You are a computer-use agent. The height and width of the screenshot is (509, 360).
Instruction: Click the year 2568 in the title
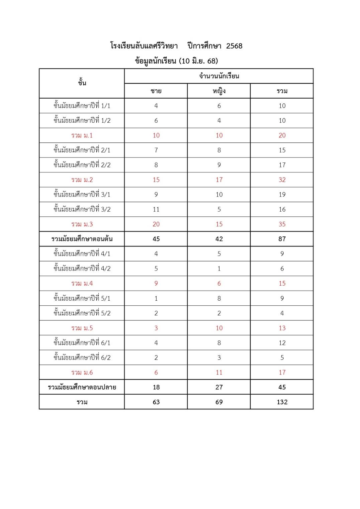(x=234, y=46)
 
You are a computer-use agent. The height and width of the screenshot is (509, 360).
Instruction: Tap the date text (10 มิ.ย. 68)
(x=198, y=61)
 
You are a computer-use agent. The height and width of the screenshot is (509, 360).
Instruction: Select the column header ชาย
(x=156, y=91)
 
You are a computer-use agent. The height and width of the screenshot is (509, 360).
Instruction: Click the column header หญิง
(x=219, y=91)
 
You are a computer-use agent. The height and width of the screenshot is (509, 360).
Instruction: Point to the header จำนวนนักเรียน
(x=219, y=76)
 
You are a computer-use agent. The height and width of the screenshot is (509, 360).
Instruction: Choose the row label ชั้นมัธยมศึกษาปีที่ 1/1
(x=82, y=106)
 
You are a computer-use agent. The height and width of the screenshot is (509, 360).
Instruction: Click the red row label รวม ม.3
(x=82, y=224)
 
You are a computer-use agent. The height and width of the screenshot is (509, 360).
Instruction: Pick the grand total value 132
(x=282, y=402)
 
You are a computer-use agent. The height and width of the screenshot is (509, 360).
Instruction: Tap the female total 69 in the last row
(x=219, y=402)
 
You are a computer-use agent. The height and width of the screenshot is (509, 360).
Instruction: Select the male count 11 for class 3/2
(x=156, y=209)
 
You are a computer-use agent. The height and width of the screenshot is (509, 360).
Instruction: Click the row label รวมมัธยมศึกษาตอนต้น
(x=82, y=239)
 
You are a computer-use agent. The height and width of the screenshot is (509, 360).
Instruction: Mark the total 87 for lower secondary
(x=282, y=239)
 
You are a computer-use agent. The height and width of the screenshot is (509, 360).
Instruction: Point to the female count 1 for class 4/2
(x=219, y=269)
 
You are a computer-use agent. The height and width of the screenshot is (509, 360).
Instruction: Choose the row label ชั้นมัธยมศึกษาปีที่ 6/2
(x=82, y=358)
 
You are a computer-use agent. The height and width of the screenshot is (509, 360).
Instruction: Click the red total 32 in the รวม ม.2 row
(x=282, y=180)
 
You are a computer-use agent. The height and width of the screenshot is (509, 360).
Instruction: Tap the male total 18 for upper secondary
(x=156, y=387)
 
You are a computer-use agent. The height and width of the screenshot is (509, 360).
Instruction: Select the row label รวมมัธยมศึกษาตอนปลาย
(x=82, y=387)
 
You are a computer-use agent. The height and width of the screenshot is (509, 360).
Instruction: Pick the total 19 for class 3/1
(x=282, y=195)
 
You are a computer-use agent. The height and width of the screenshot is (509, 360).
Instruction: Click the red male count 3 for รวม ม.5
(x=156, y=328)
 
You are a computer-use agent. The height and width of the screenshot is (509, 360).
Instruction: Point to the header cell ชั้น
(x=82, y=83)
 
